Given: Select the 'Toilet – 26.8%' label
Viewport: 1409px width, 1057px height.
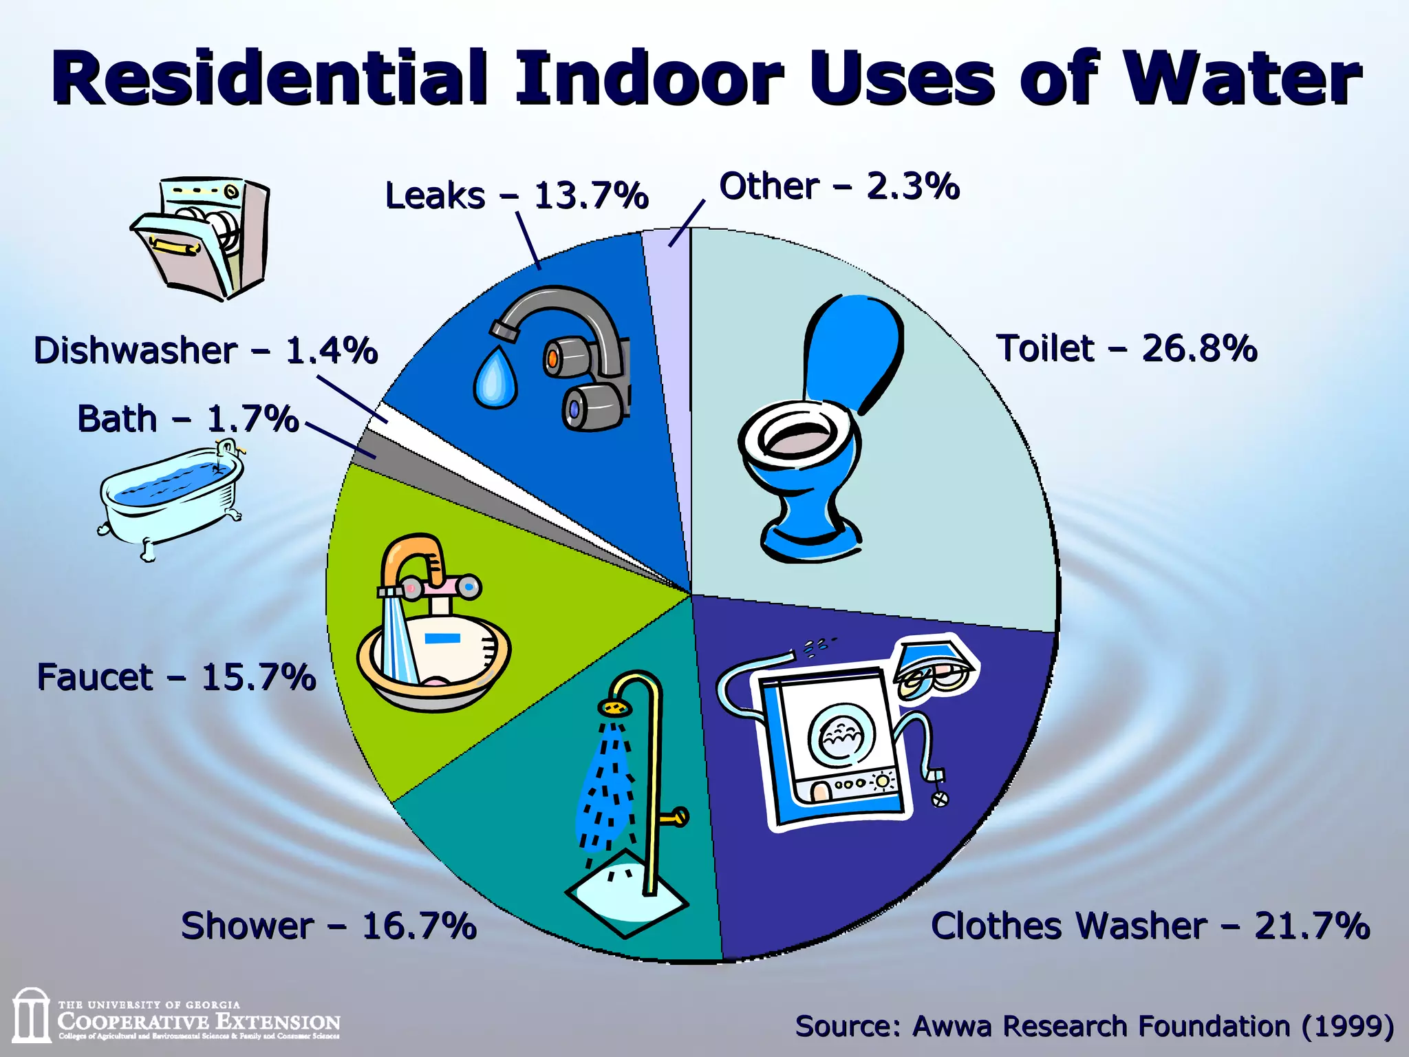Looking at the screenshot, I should (1126, 348).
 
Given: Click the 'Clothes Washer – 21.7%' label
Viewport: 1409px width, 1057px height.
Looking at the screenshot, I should (1150, 926).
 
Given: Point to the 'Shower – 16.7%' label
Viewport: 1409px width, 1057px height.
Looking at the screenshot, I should (328, 926).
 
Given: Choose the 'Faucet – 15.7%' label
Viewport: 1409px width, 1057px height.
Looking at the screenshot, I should (176, 677).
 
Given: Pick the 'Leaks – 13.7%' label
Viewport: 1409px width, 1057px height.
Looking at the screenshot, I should (516, 195).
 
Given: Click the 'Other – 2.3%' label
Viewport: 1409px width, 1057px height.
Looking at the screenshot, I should (839, 186).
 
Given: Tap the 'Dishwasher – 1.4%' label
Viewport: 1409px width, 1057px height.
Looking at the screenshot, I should (206, 350).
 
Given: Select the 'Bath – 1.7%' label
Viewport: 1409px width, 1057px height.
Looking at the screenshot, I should (187, 419).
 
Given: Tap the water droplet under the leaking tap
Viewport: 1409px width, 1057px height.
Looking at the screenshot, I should (495, 378).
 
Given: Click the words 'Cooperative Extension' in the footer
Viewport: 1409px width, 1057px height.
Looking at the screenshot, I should (199, 1022).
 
